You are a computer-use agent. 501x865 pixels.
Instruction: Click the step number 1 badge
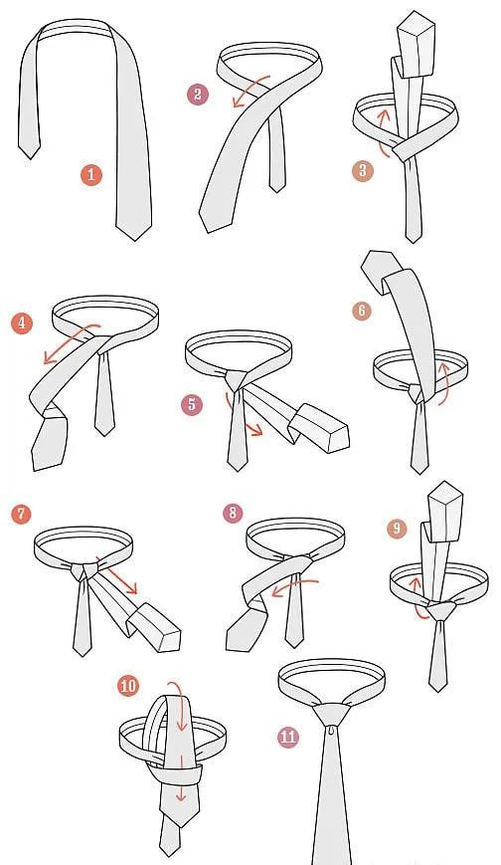point(91,175)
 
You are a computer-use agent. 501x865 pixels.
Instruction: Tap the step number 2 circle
point(197,95)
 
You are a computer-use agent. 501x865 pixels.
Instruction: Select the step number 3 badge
point(362,170)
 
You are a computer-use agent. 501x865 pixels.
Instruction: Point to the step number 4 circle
point(22,323)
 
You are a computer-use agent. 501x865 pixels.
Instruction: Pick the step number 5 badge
point(192,404)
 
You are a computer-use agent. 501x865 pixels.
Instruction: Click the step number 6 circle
point(362,311)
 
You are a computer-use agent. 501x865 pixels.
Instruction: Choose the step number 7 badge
point(22,515)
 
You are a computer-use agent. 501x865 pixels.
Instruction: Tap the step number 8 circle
point(233,513)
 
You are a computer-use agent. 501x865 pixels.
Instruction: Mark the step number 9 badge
point(397,529)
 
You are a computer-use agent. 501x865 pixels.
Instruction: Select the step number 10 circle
point(128,686)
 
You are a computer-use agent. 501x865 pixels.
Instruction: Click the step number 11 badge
point(287,737)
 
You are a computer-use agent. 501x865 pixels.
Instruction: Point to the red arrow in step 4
point(72,344)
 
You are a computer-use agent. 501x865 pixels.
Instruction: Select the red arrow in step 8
point(295,586)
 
